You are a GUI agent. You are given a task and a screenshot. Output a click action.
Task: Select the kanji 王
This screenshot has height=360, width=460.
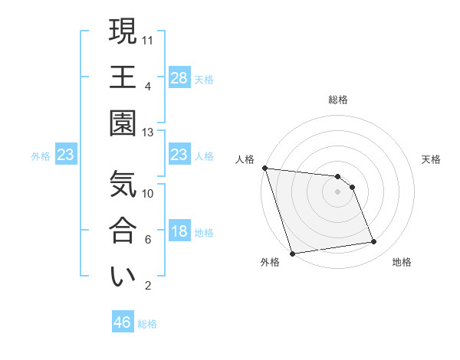123,77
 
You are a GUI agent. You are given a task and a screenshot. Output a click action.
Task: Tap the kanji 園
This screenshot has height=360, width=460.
123,123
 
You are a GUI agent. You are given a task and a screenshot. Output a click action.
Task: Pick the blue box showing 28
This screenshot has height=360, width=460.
179,77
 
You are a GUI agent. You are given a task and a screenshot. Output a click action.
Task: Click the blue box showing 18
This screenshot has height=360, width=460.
179,232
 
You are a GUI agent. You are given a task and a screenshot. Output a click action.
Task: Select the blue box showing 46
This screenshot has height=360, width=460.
123,322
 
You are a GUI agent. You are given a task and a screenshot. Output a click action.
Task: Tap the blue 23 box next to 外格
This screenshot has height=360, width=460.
65,155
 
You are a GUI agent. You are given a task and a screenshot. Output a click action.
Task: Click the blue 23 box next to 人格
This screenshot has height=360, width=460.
179,155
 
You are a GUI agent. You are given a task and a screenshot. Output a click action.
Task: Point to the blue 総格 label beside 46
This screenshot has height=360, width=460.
147,324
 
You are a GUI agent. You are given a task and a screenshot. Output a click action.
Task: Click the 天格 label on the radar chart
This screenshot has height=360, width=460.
432,159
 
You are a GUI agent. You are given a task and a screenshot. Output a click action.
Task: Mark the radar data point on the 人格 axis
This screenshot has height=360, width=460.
264,168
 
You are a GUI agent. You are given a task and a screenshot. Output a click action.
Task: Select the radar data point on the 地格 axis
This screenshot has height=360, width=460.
374,242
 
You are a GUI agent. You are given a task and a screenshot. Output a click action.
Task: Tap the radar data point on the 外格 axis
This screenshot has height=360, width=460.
292,254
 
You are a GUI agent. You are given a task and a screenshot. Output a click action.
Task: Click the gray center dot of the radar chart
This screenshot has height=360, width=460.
337,191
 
